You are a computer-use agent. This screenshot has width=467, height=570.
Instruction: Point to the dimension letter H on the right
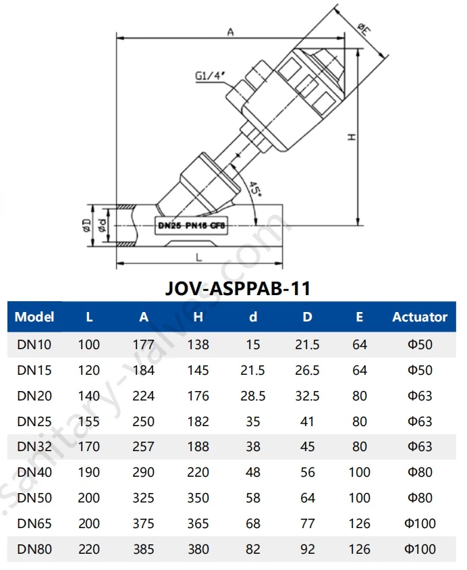[351, 136]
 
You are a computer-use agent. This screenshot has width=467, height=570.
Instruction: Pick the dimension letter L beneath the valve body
[198, 257]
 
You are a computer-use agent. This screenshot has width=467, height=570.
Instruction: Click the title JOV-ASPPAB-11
[238, 288]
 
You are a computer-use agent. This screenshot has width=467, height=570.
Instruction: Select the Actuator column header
[420, 317]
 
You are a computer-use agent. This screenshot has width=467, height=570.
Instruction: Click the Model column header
[34, 317]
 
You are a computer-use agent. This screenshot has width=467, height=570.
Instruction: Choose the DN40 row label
[34, 473]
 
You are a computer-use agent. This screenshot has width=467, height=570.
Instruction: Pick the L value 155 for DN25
[89, 421]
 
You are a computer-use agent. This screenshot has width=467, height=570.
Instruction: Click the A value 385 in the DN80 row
[144, 550]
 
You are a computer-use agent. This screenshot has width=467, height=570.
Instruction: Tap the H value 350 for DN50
[198, 498]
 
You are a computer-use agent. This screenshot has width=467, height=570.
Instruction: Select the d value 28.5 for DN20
[253, 396]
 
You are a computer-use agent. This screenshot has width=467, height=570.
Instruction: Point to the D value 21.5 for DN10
[307, 344]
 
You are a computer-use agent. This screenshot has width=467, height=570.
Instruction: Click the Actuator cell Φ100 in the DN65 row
[420, 524]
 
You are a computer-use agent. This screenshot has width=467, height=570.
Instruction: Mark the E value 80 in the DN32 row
[360, 447]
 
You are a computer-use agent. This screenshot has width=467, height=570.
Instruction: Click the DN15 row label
[34, 370]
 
